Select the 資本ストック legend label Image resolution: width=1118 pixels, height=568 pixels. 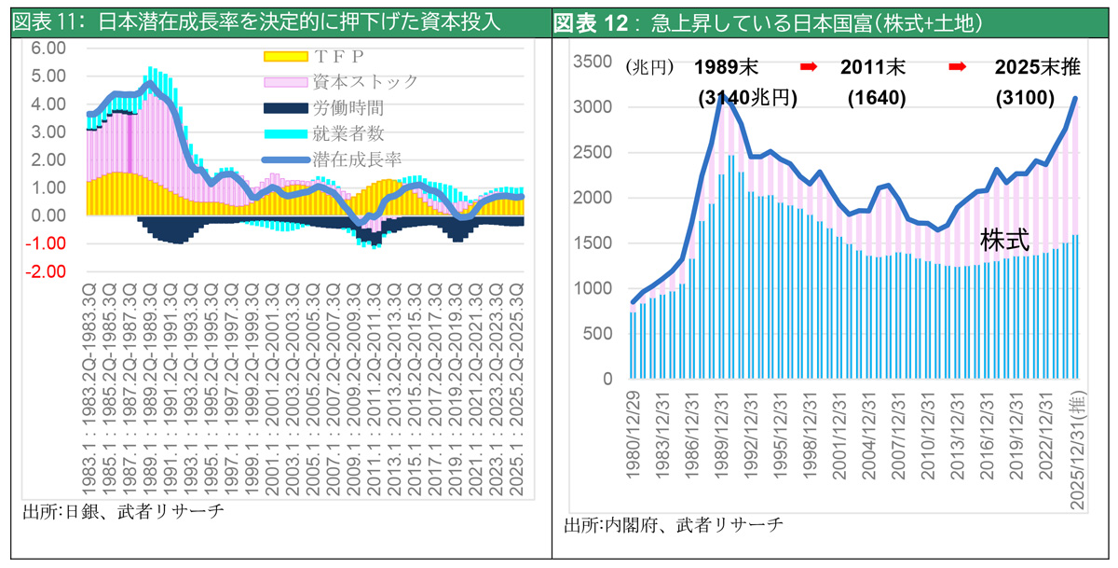coord(365,82)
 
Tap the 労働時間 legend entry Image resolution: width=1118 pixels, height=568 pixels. coord(323,108)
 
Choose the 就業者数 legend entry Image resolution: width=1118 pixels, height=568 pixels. coord(323,133)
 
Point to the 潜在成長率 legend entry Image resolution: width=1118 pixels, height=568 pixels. coord(332,159)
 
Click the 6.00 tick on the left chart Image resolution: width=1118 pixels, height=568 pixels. coord(48,48)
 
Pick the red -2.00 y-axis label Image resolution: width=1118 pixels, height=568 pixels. coord(46,271)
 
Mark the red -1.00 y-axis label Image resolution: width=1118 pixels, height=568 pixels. coord(46,243)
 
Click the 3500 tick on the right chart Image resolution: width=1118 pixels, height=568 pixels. coord(593,62)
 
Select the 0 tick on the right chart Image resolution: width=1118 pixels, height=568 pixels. coord(607,379)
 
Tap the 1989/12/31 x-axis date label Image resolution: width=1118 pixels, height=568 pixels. coord(721,436)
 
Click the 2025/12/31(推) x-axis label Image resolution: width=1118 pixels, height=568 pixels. coord(1078,450)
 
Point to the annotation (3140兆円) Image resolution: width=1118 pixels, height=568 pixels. coord(747,97)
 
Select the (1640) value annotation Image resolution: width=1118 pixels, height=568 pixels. coord(877,97)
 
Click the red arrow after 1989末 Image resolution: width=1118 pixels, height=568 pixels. coord(809,67)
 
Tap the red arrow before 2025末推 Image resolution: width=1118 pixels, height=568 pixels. coord(958,67)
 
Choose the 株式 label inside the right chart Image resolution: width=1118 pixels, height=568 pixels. coord(1004,241)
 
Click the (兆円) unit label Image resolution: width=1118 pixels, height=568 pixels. coord(650,67)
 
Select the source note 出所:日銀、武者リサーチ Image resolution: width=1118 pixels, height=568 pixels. coord(123,511)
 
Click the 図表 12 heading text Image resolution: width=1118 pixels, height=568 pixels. coord(591,23)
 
